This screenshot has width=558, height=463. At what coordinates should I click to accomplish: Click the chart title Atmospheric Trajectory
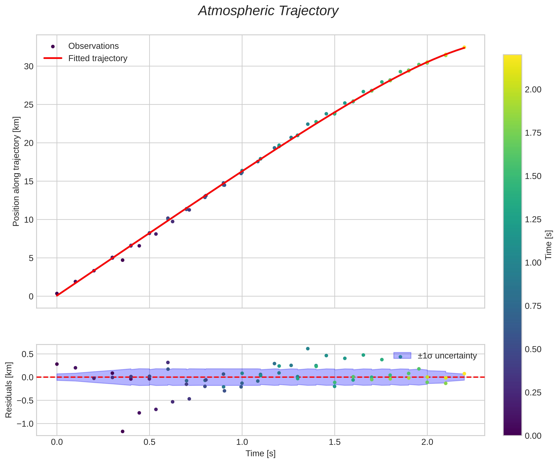click(x=268, y=11)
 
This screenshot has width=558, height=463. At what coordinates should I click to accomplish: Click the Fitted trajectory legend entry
click(x=97, y=58)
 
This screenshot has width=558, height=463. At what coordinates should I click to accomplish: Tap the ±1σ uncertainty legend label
click(x=447, y=356)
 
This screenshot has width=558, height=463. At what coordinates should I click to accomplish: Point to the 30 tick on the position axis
click(x=29, y=66)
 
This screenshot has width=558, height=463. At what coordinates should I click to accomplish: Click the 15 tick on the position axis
click(x=29, y=181)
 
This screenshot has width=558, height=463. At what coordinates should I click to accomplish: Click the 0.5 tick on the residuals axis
click(x=28, y=354)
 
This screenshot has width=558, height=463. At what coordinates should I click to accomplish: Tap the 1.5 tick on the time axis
click(x=335, y=442)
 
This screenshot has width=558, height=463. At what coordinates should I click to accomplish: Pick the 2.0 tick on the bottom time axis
click(x=427, y=442)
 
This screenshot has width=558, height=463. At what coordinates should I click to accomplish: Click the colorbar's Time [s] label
click(x=549, y=245)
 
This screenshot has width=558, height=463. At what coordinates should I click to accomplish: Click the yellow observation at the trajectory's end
click(x=464, y=47)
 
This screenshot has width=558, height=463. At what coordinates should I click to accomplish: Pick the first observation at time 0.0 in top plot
click(x=57, y=293)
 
